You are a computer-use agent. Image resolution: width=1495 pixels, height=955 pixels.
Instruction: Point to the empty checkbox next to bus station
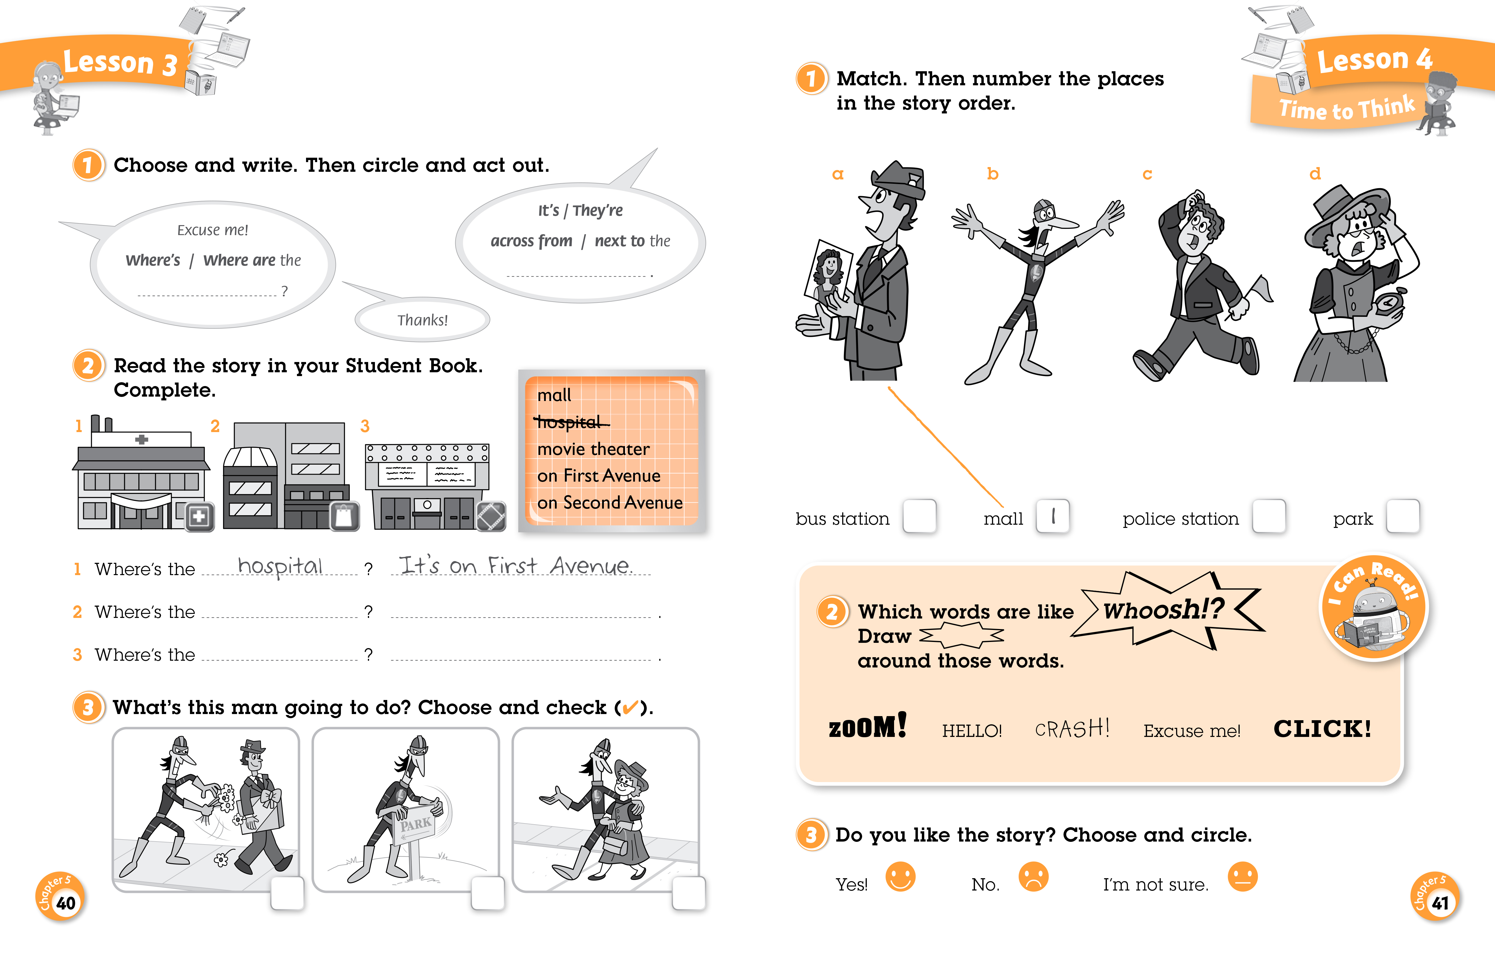[x=920, y=516]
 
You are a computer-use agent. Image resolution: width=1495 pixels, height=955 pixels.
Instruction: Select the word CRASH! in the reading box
[x=1072, y=728]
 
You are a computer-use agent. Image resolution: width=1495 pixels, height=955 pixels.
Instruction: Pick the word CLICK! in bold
[x=1322, y=728]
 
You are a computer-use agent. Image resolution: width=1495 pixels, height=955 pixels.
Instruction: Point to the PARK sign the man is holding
[x=415, y=823]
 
